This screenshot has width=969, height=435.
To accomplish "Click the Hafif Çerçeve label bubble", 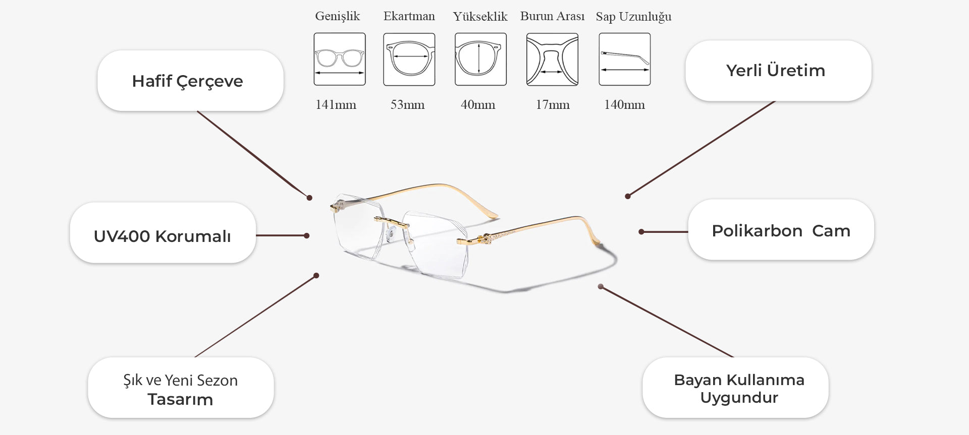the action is pyautogui.click(x=190, y=81).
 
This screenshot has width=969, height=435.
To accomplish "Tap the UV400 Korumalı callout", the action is pyautogui.click(x=163, y=233).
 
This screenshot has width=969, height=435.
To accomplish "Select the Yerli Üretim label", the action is pyautogui.click(x=778, y=71).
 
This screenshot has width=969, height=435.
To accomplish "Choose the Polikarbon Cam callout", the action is pyautogui.click(x=781, y=230).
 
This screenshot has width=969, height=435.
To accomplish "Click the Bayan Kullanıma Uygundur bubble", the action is pyautogui.click(x=735, y=388).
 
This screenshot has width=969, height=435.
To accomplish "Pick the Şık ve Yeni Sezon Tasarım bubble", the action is pyautogui.click(x=181, y=388).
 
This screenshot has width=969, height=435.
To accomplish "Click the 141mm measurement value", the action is pyautogui.click(x=336, y=105).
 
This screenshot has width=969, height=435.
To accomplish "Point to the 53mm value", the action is pyautogui.click(x=407, y=105).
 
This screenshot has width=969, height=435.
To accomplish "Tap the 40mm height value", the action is pyautogui.click(x=478, y=105).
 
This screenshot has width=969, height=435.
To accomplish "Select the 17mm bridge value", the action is pyautogui.click(x=553, y=105).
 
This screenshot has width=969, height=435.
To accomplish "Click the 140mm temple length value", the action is pyautogui.click(x=624, y=105).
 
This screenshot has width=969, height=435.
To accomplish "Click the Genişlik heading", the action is pyautogui.click(x=338, y=17).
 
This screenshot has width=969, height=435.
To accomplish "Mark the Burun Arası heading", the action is pyautogui.click(x=552, y=16).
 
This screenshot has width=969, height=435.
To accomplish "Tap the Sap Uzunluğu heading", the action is pyautogui.click(x=633, y=17).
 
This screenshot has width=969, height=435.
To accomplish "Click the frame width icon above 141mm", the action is pyautogui.click(x=340, y=59).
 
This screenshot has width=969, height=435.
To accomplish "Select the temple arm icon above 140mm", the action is pyautogui.click(x=625, y=59).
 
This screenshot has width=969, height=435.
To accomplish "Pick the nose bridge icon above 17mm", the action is pyautogui.click(x=552, y=59).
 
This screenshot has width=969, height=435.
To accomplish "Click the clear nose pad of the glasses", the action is pyautogui.click(x=392, y=233).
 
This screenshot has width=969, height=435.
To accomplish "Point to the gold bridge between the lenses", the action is pyautogui.click(x=391, y=221).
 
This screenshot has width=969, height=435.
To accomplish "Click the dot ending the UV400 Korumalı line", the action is pyautogui.click(x=306, y=235).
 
